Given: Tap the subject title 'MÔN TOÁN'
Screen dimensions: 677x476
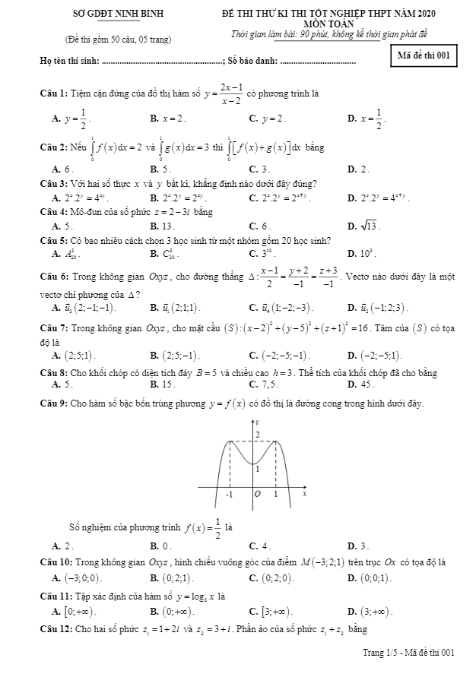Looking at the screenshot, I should pos(339,24).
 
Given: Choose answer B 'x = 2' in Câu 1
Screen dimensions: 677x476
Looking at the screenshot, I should pos(169,119).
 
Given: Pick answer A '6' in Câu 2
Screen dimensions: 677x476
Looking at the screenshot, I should pos(62,169).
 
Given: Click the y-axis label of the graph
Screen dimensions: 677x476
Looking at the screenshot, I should pos(258,421).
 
